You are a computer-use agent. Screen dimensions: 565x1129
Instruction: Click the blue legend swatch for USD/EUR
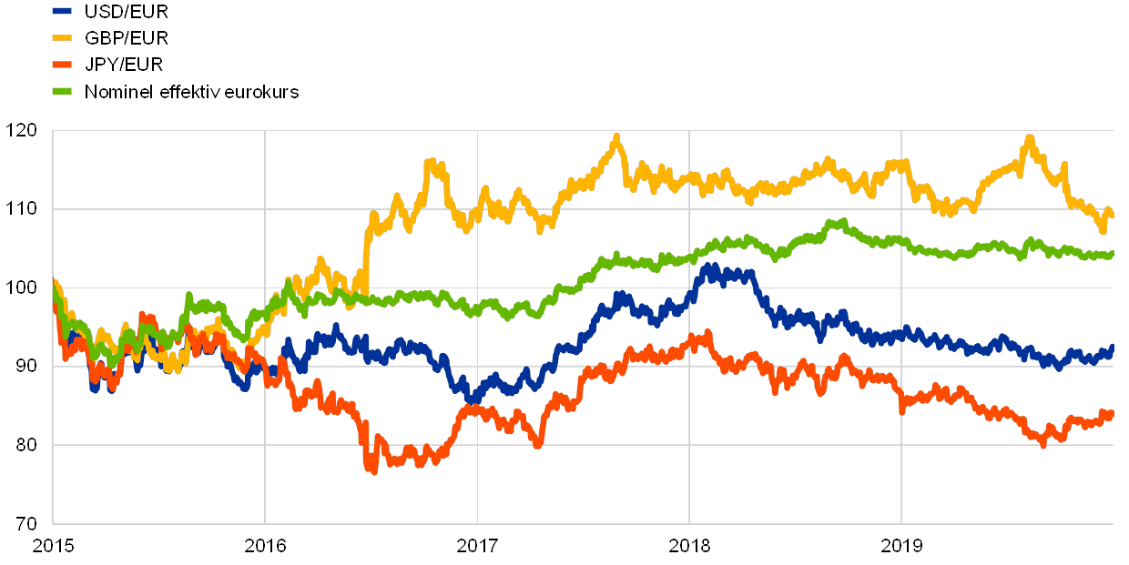click(62, 13)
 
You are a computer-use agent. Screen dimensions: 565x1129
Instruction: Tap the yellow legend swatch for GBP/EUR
click(62, 39)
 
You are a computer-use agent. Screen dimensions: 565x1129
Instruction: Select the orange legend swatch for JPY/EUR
click(62, 66)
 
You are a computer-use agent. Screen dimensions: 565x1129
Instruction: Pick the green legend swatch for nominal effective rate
click(62, 92)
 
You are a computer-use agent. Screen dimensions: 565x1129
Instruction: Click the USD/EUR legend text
click(127, 13)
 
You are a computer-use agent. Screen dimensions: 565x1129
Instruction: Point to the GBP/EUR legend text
click(127, 39)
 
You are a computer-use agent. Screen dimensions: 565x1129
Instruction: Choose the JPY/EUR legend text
click(125, 66)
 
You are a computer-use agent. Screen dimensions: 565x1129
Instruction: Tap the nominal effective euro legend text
click(191, 92)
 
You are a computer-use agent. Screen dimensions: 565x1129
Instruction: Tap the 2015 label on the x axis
click(53, 546)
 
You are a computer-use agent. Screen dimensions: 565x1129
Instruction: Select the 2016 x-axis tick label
click(265, 546)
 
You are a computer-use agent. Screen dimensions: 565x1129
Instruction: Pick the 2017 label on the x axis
click(477, 546)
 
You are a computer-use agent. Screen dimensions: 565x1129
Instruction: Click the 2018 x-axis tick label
click(689, 546)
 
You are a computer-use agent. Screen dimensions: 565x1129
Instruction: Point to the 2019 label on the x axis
click(901, 546)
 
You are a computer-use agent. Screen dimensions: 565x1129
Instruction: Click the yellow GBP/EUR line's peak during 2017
click(617, 136)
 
